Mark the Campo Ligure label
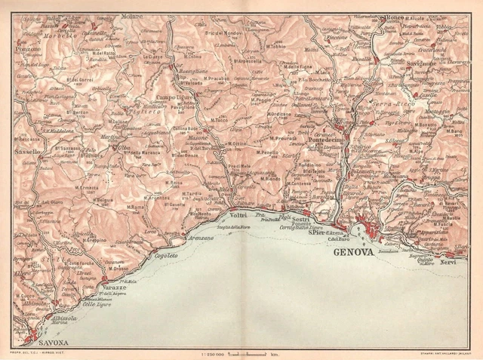174,97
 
